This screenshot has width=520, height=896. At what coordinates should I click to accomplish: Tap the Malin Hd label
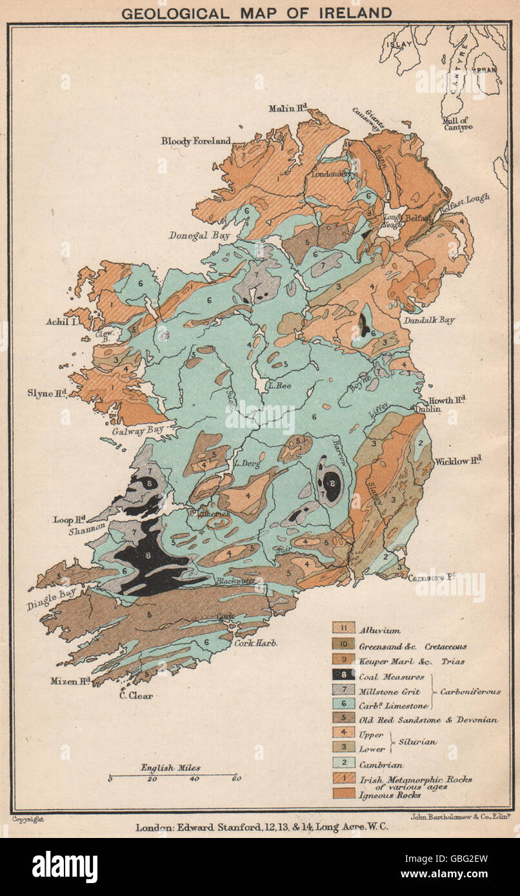[288, 110]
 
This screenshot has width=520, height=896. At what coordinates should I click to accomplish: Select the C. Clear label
[135, 695]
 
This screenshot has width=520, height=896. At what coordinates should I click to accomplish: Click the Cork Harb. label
[256, 643]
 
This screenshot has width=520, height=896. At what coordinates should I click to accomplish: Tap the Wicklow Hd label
[458, 461]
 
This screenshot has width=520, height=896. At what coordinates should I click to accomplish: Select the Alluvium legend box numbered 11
[343, 627]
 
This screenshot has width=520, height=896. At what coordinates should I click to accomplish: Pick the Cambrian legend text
[383, 765]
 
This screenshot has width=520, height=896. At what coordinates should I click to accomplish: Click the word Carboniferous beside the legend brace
[470, 691]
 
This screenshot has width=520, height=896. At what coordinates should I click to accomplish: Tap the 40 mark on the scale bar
[194, 779]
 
